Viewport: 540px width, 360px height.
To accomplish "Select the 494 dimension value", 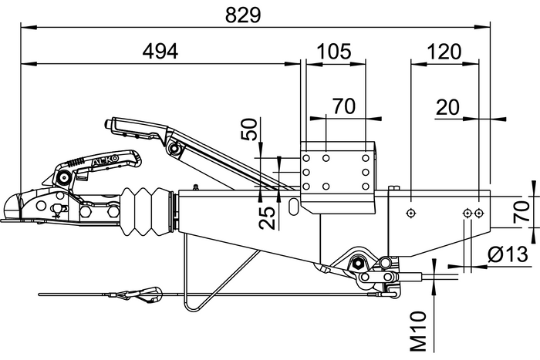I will (x=160, y=51).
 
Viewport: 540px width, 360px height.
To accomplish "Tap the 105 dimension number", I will (x=335, y=51).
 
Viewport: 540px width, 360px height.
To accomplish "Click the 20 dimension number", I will (x=450, y=106).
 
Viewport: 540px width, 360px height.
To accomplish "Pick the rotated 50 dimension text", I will (x=248, y=129).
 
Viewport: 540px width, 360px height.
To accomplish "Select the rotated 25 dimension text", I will (x=266, y=218).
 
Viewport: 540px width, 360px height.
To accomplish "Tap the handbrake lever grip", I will (x=136, y=125).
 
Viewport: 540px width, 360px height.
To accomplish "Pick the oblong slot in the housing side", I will (x=295, y=207).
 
